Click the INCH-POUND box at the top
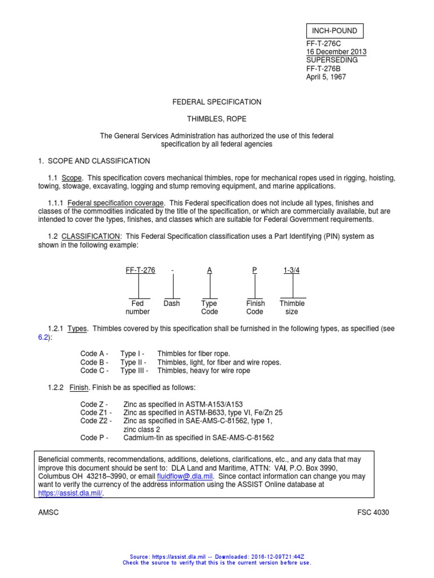coord(335,30)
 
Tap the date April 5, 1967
coord(325,77)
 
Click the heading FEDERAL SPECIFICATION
coord(216,102)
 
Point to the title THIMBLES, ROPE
coord(216,120)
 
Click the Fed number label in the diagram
coord(137,308)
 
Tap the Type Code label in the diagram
coord(209,308)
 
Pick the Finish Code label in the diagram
coord(255,308)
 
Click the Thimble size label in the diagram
coord(292,308)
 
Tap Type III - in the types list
coord(134,371)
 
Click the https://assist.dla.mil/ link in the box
coord(71,493)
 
